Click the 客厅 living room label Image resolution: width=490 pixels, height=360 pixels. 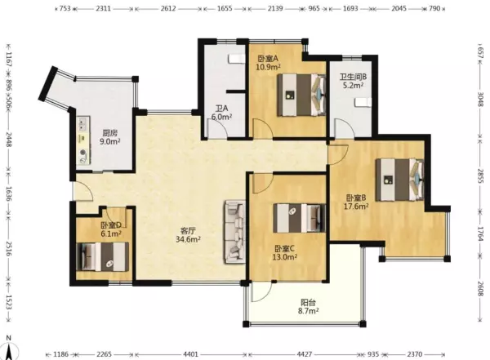tap(188, 231)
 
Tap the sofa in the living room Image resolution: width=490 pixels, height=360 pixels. tap(234, 232)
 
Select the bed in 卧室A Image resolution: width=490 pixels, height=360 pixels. tap(301, 95)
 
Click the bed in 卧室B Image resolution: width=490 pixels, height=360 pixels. tap(399, 180)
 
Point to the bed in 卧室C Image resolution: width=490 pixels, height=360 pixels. tap(300, 218)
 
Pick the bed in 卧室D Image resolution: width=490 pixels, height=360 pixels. tap(103, 256)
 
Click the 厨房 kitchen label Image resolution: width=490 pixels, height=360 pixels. tap(110, 133)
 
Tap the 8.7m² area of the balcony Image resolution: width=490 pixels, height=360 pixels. tap(308, 311)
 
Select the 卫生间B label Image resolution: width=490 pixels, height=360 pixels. tap(353, 77)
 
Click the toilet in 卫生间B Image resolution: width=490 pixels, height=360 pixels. tap(363, 102)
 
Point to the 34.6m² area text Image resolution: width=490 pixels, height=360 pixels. tap(188, 239)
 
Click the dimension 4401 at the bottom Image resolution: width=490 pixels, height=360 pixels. tap(190, 354)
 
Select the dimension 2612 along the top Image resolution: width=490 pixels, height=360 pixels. tap(168, 8)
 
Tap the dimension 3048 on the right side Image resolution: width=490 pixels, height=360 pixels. tap(481, 99)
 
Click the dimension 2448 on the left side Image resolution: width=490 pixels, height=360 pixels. tap(9, 140)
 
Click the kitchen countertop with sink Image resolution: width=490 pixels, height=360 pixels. tap(83, 140)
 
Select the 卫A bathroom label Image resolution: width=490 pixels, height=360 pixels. tap(221, 109)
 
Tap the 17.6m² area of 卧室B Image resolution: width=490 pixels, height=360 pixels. tap(356, 207)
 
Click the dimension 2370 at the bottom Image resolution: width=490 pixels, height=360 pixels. tap(415, 354)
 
